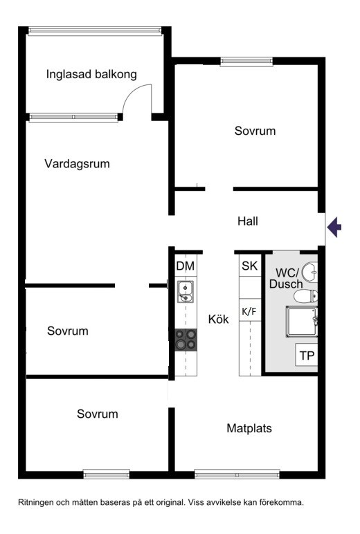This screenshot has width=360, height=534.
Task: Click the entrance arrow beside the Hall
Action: tap(334, 227)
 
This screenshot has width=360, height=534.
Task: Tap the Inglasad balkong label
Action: tap(91, 74)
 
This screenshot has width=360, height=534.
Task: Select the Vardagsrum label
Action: tap(77, 164)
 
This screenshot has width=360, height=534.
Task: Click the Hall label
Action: tap(248, 221)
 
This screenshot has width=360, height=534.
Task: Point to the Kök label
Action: tap(218, 319)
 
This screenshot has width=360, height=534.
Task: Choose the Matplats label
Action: tap(249, 428)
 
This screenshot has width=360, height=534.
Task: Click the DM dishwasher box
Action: tap(186, 266)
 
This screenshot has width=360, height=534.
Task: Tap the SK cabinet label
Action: tap(249, 266)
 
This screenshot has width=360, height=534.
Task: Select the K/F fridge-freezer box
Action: tap(249, 311)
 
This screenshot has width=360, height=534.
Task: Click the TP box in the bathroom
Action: tap(307, 355)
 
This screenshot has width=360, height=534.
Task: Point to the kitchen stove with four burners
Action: tap(186, 340)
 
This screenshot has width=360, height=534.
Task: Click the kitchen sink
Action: tap(185, 292)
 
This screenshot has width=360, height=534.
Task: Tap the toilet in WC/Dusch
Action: tap(306, 296)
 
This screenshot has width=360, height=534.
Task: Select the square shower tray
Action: tap(302, 322)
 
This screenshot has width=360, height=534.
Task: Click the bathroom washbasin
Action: tap(310, 272)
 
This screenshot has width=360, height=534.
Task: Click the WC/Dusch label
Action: tap(286, 278)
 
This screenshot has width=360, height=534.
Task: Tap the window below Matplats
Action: tap(237, 474)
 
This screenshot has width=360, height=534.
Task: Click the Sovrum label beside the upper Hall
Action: tap(255, 131)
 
